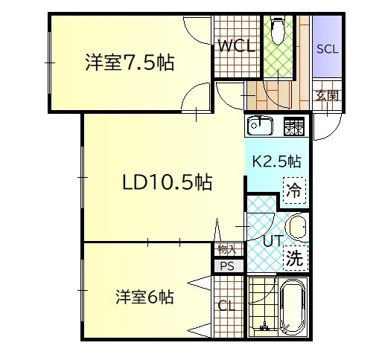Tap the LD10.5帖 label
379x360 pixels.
pyautogui.click(x=168, y=182)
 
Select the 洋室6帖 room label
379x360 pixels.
pyautogui.click(x=144, y=298)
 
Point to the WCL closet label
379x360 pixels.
pyautogui.click(x=236, y=46)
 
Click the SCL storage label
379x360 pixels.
pyautogui.click(x=327, y=49)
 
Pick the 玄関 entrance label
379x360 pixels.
pyautogui.click(x=326, y=94)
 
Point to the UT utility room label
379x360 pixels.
pyautogui.click(x=273, y=241)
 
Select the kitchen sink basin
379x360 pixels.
pyautogui.click(x=261, y=126)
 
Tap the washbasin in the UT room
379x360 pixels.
pyautogui.click(x=296, y=226)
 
